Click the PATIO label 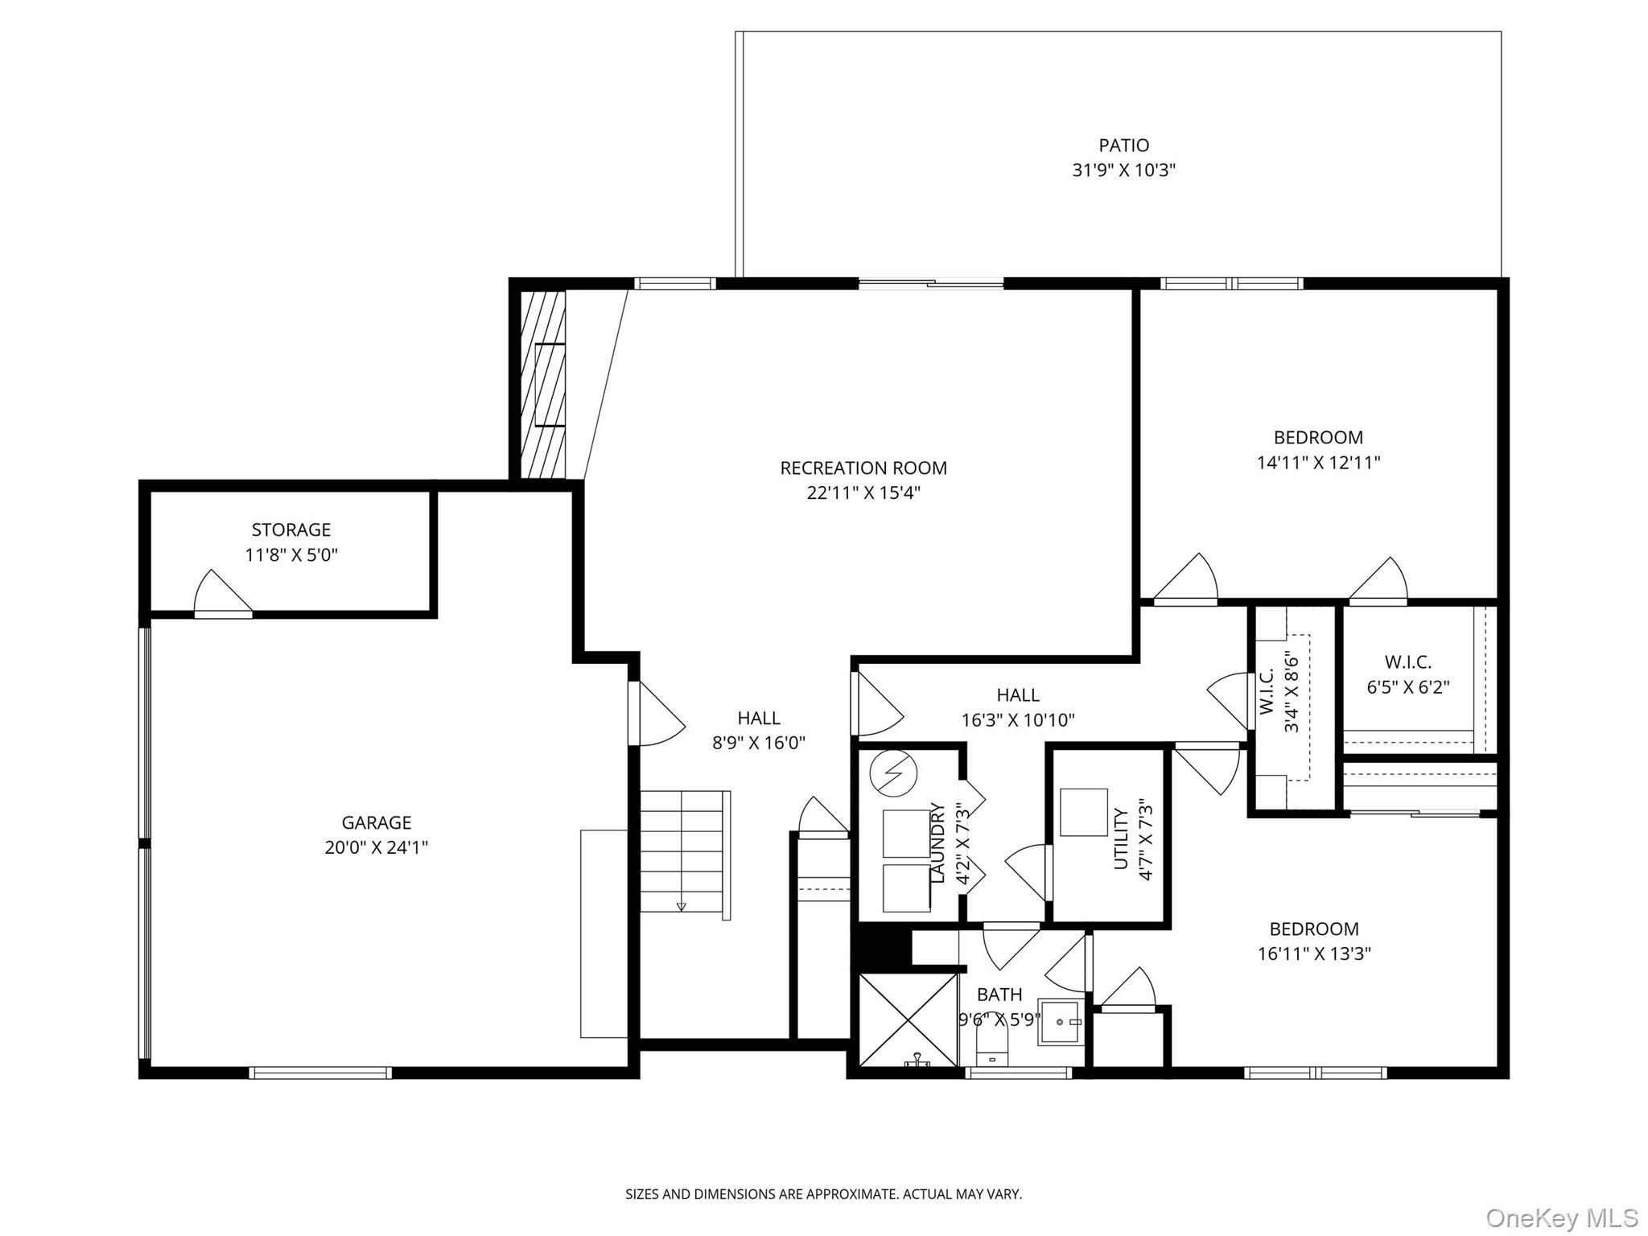1123,146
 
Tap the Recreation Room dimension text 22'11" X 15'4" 863,492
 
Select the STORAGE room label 291,529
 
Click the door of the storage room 223,594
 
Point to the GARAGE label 377,822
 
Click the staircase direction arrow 682,906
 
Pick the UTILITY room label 1122,838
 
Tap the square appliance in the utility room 1084,812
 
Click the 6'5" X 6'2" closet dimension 1408,688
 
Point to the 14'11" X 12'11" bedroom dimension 1319,463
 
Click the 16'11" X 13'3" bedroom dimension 1315,954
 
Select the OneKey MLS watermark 1562,1217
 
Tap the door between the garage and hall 656,713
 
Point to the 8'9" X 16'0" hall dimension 759,743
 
